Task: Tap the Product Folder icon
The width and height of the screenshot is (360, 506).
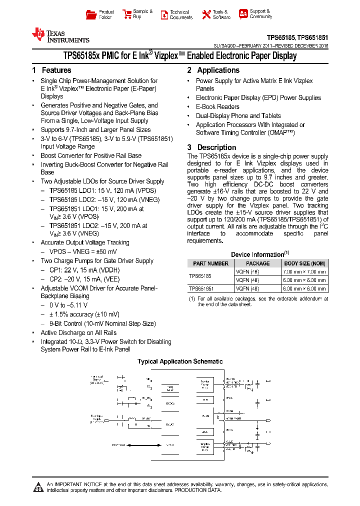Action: pos(91,14)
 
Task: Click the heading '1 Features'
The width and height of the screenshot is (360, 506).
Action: pos(51,70)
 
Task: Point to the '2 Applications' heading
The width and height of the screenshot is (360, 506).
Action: pos(213,70)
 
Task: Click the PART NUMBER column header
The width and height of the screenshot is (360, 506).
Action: pos(210,263)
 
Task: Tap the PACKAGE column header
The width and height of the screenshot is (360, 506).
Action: pos(257,263)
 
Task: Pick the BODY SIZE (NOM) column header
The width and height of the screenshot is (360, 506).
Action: pos(304,263)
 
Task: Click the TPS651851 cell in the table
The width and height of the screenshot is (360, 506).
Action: pos(201,288)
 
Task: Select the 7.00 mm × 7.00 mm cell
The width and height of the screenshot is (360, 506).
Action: pos(304,272)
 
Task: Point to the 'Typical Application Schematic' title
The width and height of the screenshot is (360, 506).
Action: pos(180,361)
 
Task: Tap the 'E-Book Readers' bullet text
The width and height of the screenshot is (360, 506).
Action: pos(217,107)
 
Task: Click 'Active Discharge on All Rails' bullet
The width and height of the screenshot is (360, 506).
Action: pos(78,333)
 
